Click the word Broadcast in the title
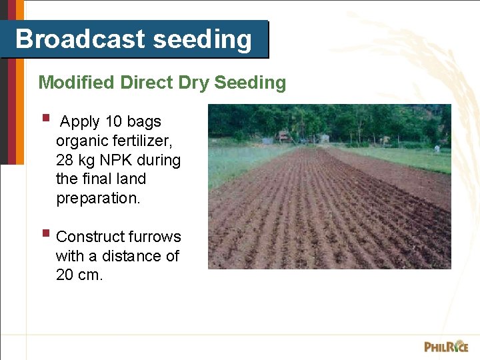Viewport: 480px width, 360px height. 80,39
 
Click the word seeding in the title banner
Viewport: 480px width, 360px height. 203,40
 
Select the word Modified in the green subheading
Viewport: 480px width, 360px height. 77,83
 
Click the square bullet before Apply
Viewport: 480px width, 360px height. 45,119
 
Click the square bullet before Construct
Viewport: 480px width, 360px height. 45,233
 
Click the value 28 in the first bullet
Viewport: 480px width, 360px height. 65,161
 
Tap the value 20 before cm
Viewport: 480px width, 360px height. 65,275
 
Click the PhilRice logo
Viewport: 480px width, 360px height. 446,346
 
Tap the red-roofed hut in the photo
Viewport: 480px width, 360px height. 284,137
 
